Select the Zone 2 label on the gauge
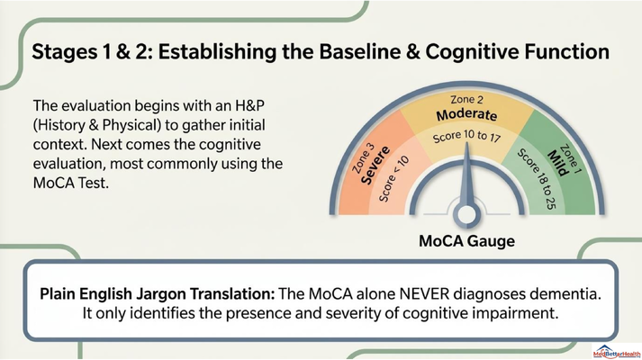click(x=466, y=99)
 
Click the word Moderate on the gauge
click(x=466, y=115)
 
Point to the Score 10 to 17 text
click(x=466, y=136)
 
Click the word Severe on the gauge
click(x=375, y=165)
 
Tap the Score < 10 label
click(x=393, y=179)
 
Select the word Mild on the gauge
click(x=558, y=163)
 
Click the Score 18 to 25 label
click(x=538, y=179)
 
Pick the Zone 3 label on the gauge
click(x=363, y=157)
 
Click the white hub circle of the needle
click(x=466, y=214)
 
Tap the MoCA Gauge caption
click(x=466, y=241)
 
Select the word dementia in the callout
click(x=566, y=293)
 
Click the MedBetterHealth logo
click(x=617, y=351)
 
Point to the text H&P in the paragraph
click(x=249, y=105)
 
